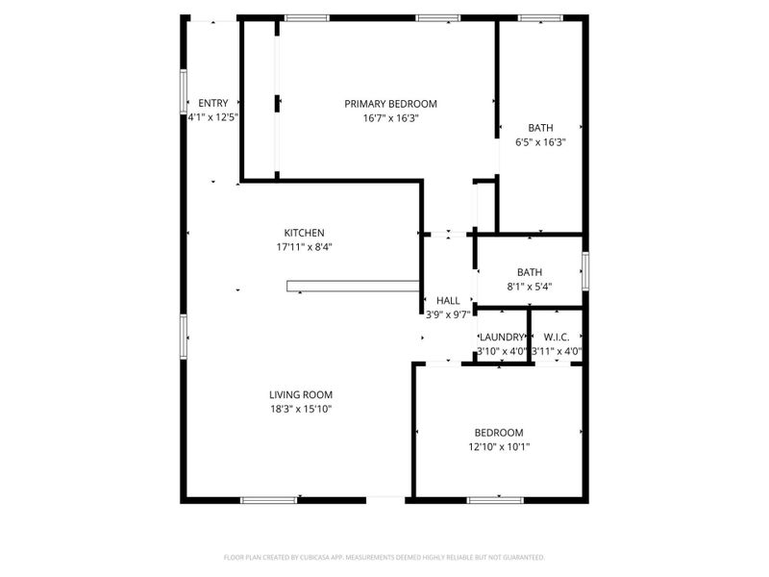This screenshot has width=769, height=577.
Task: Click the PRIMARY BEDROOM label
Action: [390, 104]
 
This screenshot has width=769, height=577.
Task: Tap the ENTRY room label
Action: [212, 103]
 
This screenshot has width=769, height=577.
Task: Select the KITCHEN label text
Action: [304, 233]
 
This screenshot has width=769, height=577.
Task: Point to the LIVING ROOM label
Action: [301, 394]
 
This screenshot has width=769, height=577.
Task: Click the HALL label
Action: [448, 300]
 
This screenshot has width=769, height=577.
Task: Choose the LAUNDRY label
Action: [502, 338]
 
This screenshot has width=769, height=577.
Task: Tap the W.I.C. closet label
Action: [557, 338]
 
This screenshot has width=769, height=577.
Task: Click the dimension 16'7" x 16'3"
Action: [390, 118]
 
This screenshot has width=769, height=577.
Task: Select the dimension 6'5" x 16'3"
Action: [540, 142]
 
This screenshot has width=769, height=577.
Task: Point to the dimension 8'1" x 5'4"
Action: [530, 287]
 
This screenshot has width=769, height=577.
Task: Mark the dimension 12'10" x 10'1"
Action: [499, 447]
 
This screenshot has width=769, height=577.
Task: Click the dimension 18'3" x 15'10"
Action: [301, 410]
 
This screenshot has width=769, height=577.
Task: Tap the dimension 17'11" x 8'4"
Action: [304, 247]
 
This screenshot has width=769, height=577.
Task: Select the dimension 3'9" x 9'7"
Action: [448, 314]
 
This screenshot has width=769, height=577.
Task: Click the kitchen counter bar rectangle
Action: [353, 286]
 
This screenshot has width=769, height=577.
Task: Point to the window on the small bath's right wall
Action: [585, 270]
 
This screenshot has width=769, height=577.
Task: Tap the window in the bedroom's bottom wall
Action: [495, 500]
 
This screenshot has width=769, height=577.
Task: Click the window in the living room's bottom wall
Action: [269, 500]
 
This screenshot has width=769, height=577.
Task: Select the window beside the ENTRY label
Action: [184, 91]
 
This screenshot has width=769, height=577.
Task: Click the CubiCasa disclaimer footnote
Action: [384, 558]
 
